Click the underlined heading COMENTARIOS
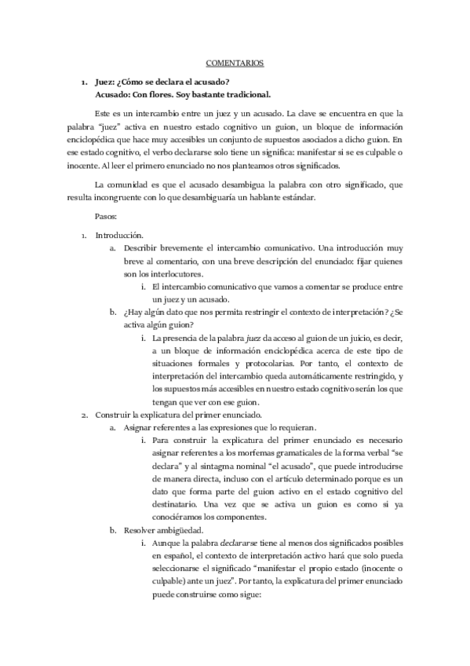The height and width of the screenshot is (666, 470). [x=235, y=62]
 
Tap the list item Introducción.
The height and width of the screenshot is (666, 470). [x=118, y=234]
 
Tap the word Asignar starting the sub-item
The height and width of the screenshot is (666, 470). [x=138, y=427]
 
